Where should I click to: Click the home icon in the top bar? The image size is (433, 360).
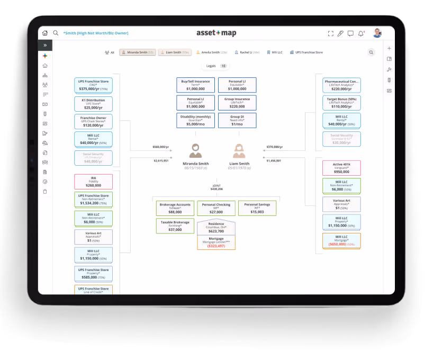pyautogui.click(x=45, y=33)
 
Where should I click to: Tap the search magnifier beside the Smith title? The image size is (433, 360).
pyautogui.click(x=56, y=33)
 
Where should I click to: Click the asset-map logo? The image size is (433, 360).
pyautogui.click(x=216, y=33)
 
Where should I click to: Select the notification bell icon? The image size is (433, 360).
pyautogui.click(x=361, y=33)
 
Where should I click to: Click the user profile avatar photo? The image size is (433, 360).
pyautogui.click(x=377, y=33)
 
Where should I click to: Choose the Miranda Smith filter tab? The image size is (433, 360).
pyautogui.click(x=137, y=52)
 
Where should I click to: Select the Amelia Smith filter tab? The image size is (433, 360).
pyautogui.click(x=211, y=52)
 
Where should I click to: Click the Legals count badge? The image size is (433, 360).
pyautogui.click(x=223, y=66)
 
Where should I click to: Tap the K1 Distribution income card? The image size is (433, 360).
pyautogui.click(x=93, y=103)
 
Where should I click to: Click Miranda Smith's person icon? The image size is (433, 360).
pyautogui.click(x=196, y=151)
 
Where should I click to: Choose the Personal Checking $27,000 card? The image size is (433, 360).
pyautogui.click(x=216, y=208)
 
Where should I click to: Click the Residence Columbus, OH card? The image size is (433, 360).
pyautogui.click(x=216, y=228)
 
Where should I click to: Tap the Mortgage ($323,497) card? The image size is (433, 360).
pyautogui.click(x=216, y=243)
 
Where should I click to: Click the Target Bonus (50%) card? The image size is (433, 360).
pyautogui.click(x=341, y=103)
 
